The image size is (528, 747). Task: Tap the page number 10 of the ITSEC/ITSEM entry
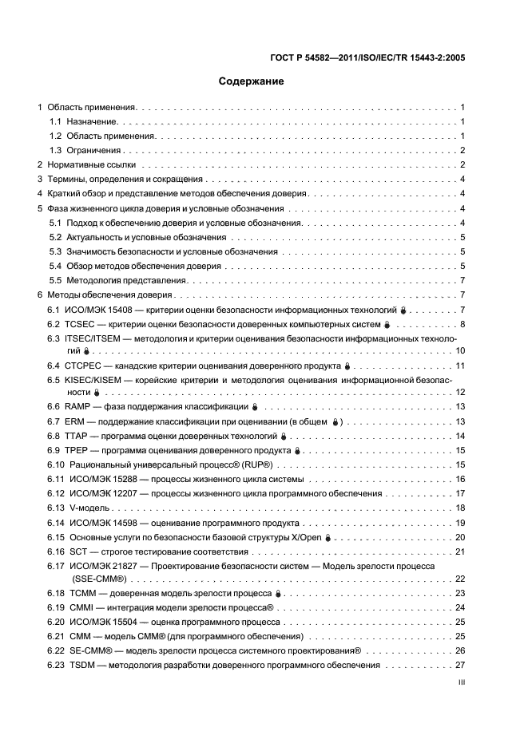click(x=460, y=351)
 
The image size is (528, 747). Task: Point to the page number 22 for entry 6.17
click(x=460, y=579)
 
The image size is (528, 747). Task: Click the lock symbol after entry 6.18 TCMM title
click(x=278, y=594)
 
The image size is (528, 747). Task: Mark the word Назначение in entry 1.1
click(x=92, y=121)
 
